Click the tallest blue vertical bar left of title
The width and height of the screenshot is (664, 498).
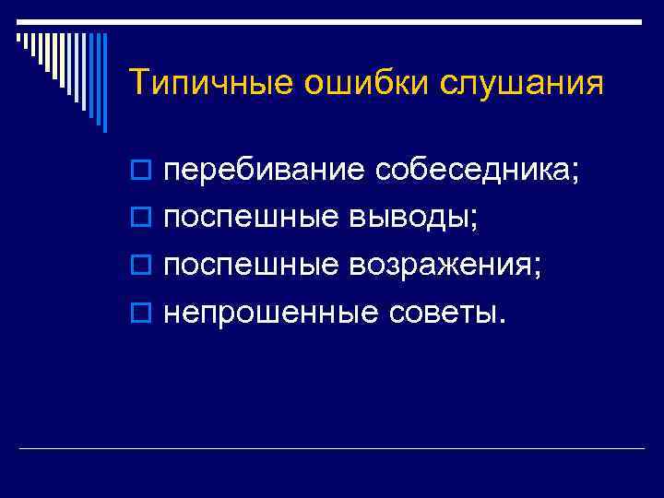coord(104,83)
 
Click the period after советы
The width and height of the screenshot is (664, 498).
coord(502,322)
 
